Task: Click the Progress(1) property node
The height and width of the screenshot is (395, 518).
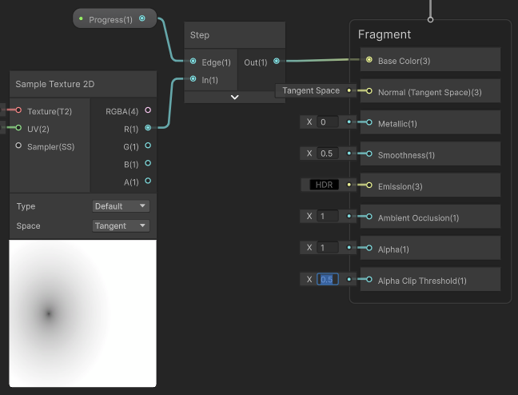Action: pyautogui.click(x=114, y=18)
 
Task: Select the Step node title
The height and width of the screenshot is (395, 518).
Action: pyautogui.click(x=200, y=35)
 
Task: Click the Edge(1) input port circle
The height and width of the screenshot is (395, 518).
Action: pyautogui.click(x=193, y=61)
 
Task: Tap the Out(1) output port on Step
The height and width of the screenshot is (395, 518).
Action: pyautogui.click(x=277, y=61)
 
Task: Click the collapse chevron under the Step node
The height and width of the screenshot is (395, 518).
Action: pyautogui.click(x=234, y=98)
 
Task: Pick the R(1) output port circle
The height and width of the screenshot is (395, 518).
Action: pyautogui.click(x=148, y=128)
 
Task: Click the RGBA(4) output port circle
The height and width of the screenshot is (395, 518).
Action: pyautogui.click(x=148, y=110)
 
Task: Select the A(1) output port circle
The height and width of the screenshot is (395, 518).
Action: pyautogui.click(x=148, y=181)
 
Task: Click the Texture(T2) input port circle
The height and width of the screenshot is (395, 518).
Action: pyautogui.click(x=18, y=110)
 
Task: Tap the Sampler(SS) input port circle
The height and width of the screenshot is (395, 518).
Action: pyautogui.click(x=18, y=146)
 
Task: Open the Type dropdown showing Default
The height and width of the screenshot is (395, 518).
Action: pyautogui.click(x=121, y=206)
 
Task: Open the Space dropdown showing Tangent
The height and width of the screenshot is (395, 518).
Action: pyautogui.click(x=121, y=225)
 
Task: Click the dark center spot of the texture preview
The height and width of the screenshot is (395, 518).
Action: pyautogui.click(x=49, y=313)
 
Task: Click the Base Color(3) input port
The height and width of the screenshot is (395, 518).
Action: pyautogui.click(x=369, y=60)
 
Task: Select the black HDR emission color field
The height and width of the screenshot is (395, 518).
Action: pyautogui.click(x=324, y=185)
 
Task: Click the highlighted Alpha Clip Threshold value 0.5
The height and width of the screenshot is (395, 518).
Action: pyautogui.click(x=328, y=279)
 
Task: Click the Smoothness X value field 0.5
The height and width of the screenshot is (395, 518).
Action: pyautogui.click(x=328, y=154)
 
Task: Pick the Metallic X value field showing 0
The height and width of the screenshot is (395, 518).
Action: pyautogui.click(x=328, y=122)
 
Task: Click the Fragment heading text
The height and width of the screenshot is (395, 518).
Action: pyautogui.click(x=385, y=34)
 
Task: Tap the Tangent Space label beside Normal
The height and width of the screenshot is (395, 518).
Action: pyautogui.click(x=311, y=90)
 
